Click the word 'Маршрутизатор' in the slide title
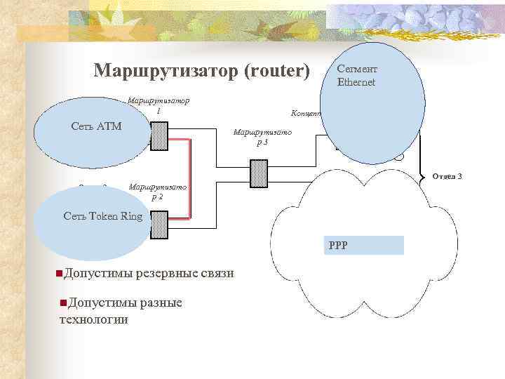click(166, 72)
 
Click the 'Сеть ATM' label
click(97, 126)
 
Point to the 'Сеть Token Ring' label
click(102, 216)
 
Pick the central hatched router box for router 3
click(259, 172)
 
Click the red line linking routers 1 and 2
click(189, 179)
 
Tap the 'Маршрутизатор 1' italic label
click(159, 106)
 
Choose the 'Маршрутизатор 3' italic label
click(262, 137)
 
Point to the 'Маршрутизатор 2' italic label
click(158, 192)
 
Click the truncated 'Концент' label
click(305, 113)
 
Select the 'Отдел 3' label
click(447, 175)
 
